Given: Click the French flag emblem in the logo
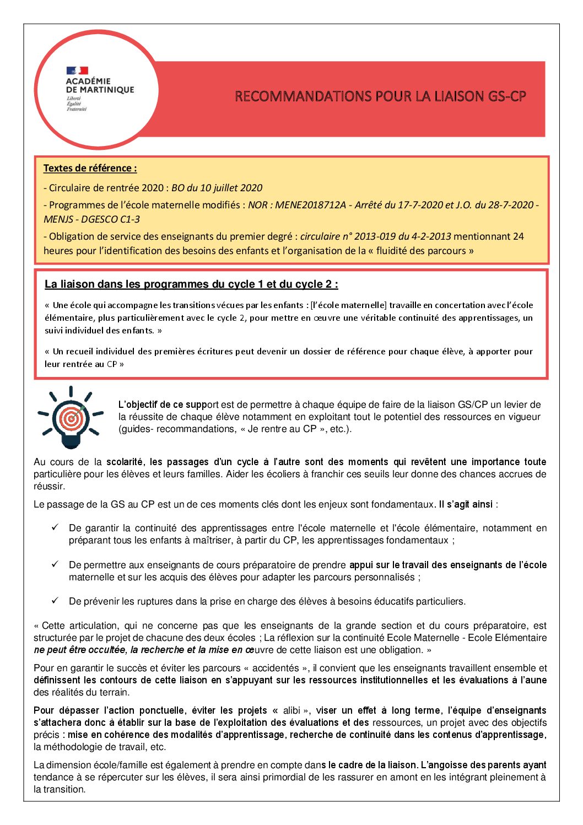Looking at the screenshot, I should pyautogui.click(x=77, y=71).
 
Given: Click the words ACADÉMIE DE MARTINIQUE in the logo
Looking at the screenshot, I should pyautogui.click(x=100, y=85).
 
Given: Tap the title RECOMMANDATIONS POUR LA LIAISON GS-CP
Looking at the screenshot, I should pyautogui.click(x=380, y=96).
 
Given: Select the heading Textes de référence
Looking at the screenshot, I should pyautogui.click(x=90, y=168).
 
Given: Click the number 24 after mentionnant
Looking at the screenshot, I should pyautogui.click(x=518, y=236).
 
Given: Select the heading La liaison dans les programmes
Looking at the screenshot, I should pyautogui.click(x=191, y=284).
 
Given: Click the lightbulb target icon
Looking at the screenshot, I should pyautogui.click(x=71, y=417).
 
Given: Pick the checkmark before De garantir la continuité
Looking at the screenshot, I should pyautogui.click(x=55, y=527).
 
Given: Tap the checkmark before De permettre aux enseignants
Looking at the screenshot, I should pyautogui.click(x=55, y=564).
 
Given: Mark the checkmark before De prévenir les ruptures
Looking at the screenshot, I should pyautogui.click(x=55, y=601).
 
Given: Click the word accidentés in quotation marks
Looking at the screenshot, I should pyautogui.click(x=276, y=668).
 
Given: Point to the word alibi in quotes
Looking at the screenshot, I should pyautogui.click(x=291, y=710).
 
